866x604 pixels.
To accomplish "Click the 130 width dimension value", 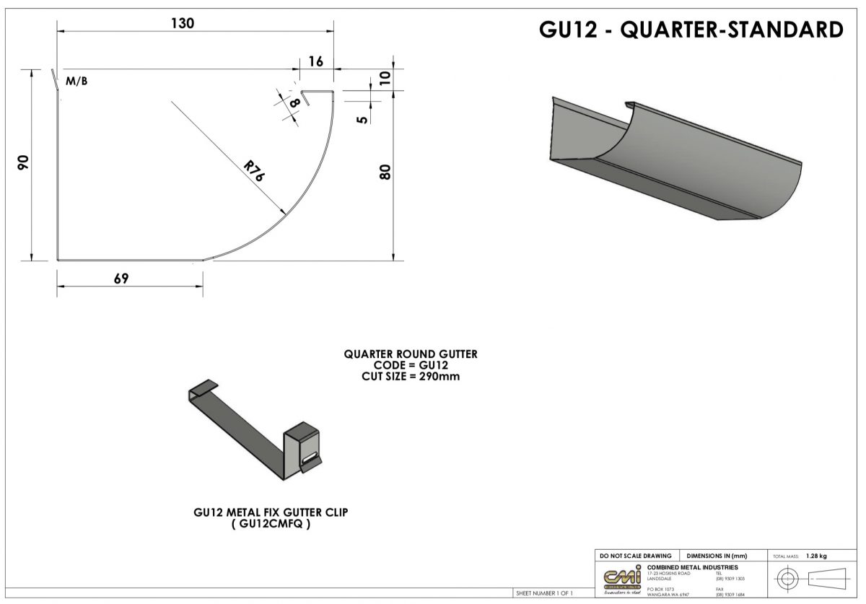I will [x=182, y=23].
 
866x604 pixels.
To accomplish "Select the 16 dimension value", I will [x=316, y=61].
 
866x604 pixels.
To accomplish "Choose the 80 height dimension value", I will [x=385, y=172].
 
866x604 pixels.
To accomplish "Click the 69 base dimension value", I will [x=121, y=279].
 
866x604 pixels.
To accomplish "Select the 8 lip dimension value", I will [x=294, y=104].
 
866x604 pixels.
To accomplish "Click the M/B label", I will [x=76, y=82].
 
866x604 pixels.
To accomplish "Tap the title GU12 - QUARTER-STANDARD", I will [x=691, y=30].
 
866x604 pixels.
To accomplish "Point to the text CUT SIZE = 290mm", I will [x=411, y=376].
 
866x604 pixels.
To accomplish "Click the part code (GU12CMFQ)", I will [x=271, y=525].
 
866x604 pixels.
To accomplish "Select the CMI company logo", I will [x=621, y=579].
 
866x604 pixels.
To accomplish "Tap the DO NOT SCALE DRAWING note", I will [x=635, y=556].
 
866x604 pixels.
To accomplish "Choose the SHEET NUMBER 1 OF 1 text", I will [x=544, y=593].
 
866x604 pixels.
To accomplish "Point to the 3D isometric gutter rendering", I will [x=675, y=159].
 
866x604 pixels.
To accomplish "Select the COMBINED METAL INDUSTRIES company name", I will [x=693, y=567].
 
